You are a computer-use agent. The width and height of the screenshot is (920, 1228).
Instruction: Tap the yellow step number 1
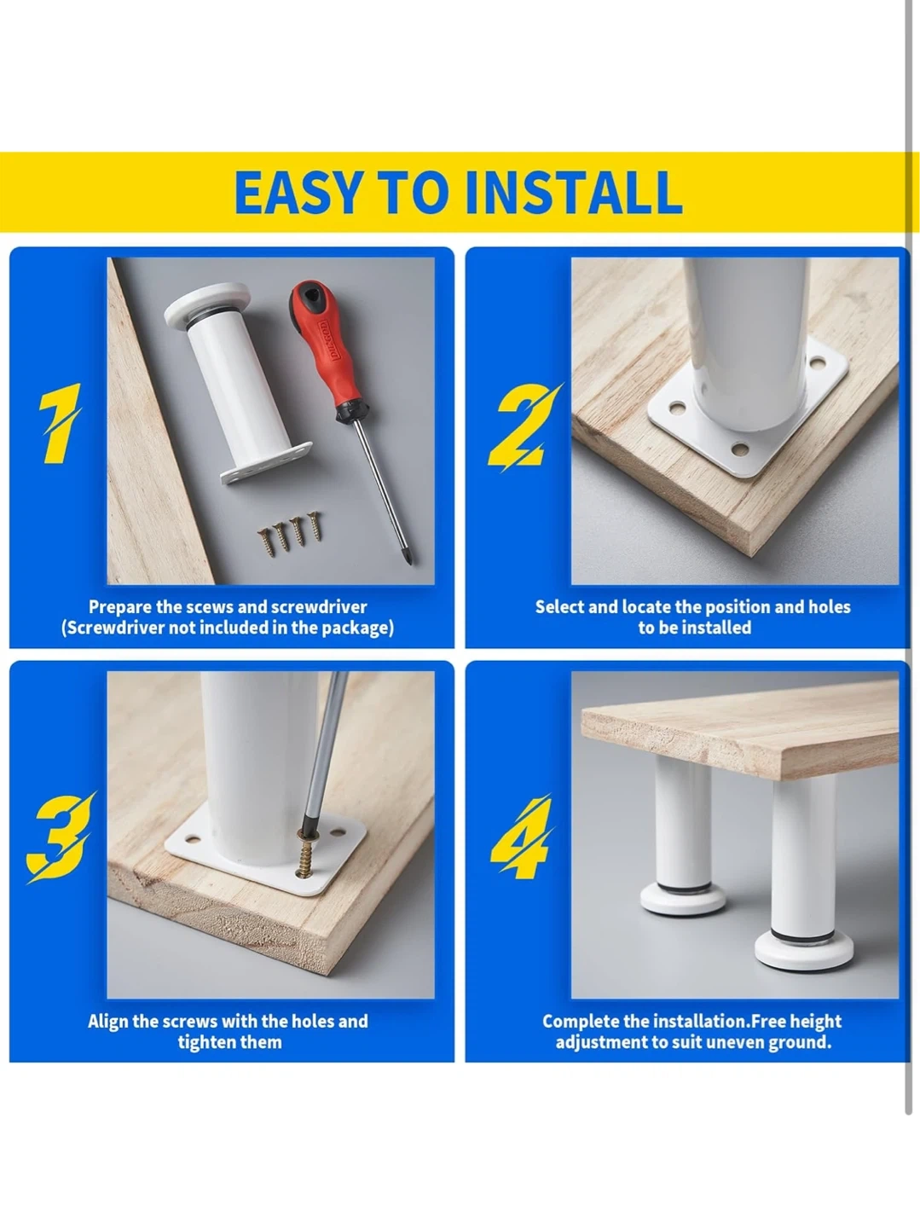pyautogui.click(x=58, y=423)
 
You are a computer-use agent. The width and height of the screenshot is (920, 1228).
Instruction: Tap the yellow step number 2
pyautogui.click(x=524, y=426)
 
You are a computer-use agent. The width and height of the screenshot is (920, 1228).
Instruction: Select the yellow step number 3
pyautogui.click(x=60, y=837)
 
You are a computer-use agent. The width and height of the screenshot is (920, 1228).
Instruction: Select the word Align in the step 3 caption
pyautogui.click(x=108, y=1022)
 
